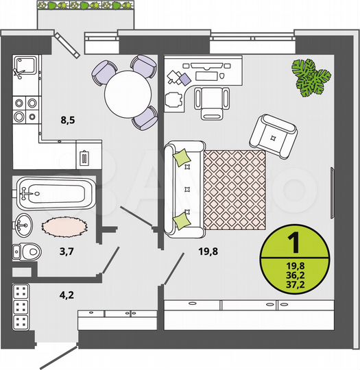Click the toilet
(25, 251)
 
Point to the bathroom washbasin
(23, 223)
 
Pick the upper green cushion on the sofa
(182, 158)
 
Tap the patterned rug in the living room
(234, 190)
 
